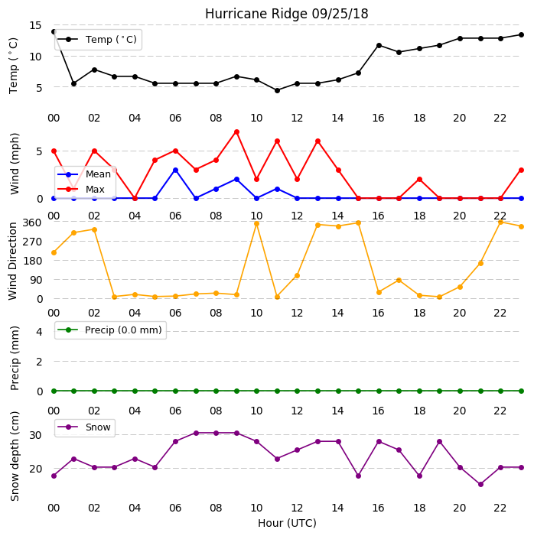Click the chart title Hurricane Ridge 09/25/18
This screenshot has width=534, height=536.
(x=286, y=14)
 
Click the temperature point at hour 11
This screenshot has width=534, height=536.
(x=278, y=90)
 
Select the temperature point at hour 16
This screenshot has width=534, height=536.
(x=379, y=45)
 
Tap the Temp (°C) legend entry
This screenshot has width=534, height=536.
(x=97, y=40)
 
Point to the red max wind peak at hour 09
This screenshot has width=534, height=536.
(x=236, y=132)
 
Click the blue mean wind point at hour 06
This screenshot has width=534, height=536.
(x=175, y=171)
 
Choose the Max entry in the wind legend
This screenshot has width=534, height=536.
(x=81, y=190)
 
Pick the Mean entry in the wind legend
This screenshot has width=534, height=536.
(x=84, y=174)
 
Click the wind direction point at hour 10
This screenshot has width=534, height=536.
(x=257, y=224)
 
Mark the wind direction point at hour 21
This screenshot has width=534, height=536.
(x=480, y=264)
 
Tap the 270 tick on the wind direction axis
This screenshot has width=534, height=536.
(x=32, y=242)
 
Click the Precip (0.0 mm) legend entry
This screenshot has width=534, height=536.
(x=110, y=330)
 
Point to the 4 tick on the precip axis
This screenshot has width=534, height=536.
(x=40, y=332)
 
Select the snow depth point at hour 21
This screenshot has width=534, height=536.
(x=480, y=484)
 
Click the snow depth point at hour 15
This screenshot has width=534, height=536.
(x=359, y=476)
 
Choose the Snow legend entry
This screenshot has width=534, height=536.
(x=84, y=427)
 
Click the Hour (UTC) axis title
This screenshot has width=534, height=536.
(x=287, y=523)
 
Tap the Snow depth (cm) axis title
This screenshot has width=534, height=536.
(x=15, y=456)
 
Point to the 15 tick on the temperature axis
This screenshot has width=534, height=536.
(x=35, y=26)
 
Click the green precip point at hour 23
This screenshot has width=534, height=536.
(x=521, y=391)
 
